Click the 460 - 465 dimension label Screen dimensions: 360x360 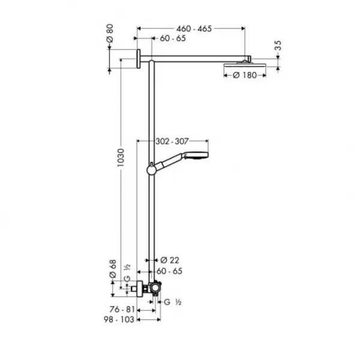191,28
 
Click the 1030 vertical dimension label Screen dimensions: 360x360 120,161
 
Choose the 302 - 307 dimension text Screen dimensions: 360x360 173,141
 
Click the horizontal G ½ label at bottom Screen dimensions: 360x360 174,302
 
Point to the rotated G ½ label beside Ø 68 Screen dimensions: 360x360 127,269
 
